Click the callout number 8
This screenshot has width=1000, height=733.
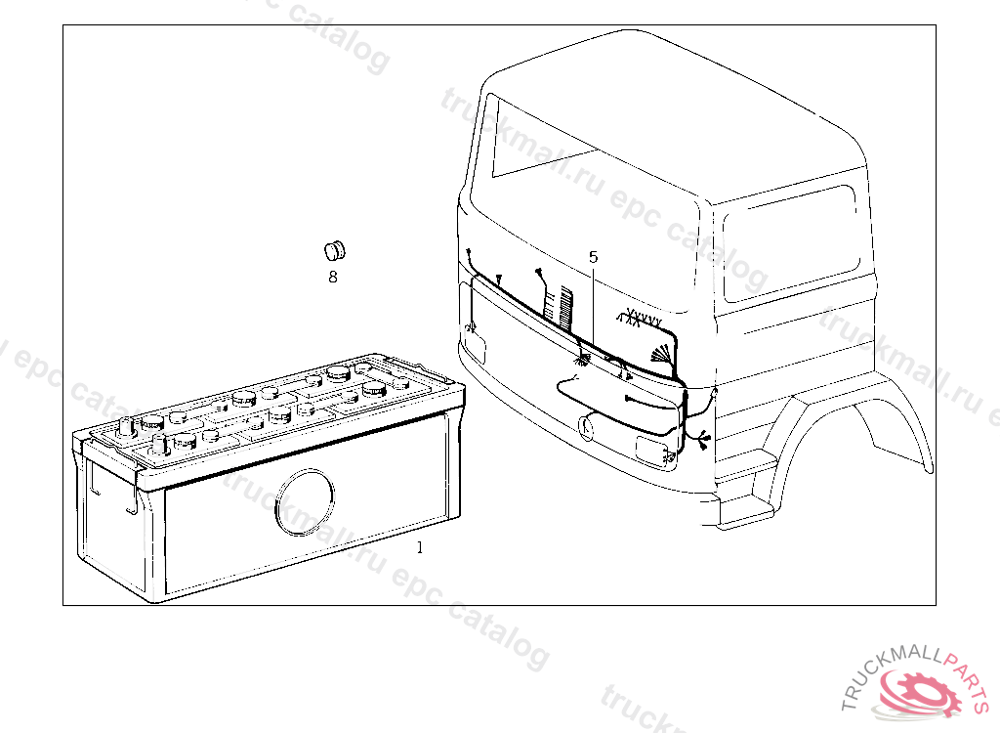(x=333, y=278)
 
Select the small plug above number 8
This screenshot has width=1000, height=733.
(x=335, y=249)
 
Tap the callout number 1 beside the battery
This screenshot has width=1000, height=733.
(x=420, y=547)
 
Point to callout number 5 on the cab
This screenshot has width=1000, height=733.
(x=593, y=257)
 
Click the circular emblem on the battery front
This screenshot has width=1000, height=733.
(x=305, y=501)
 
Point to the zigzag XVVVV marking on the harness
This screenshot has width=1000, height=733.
(x=640, y=319)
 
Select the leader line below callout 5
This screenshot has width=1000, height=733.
(x=593, y=303)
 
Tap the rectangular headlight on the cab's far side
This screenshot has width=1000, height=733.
(x=476, y=345)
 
